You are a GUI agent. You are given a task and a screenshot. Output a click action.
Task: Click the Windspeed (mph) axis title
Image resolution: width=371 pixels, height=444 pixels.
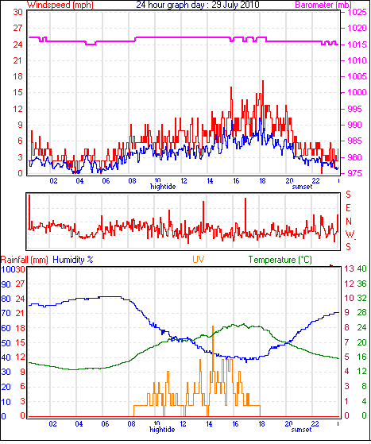pyautogui.click(x=60, y=5)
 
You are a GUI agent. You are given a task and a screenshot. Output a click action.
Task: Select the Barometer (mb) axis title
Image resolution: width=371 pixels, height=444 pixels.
pyautogui.click(x=323, y=5)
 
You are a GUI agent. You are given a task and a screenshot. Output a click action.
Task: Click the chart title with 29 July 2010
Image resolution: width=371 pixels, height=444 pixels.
pyautogui.click(x=198, y=5)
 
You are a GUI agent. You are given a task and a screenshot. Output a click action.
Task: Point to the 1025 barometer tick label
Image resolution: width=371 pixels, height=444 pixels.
pyautogui.click(x=357, y=12)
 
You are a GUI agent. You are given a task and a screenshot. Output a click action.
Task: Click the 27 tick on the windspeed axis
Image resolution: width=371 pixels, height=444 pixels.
pyautogui.click(x=17, y=28)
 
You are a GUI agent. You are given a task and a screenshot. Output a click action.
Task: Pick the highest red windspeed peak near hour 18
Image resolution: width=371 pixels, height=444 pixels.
pyautogui.click(x=263, y=81)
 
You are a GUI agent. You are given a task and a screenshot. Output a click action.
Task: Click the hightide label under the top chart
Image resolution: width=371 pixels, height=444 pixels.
pyautogui.click(x=163, y=187)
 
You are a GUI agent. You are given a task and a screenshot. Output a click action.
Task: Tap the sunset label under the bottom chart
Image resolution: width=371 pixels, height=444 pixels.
pyautogui.click(x=302, y=430)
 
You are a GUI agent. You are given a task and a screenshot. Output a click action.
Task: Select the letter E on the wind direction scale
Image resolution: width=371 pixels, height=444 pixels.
pyautogui.click(x=348, y=208)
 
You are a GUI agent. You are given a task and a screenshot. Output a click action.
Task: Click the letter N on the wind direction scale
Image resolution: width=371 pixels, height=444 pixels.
pyautogui.click(x=348, y=221)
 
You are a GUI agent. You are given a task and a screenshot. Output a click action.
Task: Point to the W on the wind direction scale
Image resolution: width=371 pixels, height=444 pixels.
pyautogui.click(x=350, y=234)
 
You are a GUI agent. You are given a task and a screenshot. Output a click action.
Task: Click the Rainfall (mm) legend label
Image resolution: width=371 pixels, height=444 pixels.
pyautogui.click(x=25, y=260)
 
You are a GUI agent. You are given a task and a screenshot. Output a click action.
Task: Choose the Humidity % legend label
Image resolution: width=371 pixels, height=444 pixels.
pyautogui.click(x=73, y=260)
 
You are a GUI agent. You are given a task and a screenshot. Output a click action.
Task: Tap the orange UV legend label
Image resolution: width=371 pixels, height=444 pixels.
pyautogui.click(x=199, y=260)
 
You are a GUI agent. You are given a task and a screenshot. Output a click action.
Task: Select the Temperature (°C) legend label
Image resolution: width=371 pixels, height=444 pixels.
pyautogui.click(x=280, y=260)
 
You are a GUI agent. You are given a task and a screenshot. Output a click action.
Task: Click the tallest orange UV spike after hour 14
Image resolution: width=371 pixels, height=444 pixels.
pyautogui.click(x=213, y=326)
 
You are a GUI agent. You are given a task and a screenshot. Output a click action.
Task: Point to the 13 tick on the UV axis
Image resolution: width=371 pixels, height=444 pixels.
pyautogui.click(x=350, y=268)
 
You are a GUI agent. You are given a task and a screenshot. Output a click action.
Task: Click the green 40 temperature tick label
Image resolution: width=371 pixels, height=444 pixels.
pyautogui.click(x=362, y=268)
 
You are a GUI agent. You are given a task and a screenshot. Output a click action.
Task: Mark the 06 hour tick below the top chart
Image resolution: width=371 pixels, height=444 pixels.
pyautogui.click(x=106, y=180)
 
